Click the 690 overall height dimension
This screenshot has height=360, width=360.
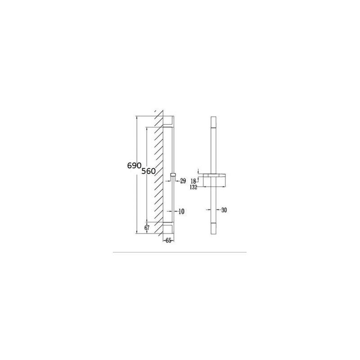click(x=134, y=166)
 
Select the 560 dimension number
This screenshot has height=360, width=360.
click(x=148, y=171)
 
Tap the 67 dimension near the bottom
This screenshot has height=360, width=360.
click(x=147, y=228)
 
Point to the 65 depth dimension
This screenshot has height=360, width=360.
click(x=168, y=240)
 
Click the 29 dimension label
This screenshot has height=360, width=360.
click(x=183, y=181)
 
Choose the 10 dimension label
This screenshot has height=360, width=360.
click(x=181, y=211)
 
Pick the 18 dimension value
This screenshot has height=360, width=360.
click(x=193, y=181)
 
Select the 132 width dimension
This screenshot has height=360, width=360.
click(x=193, y=187)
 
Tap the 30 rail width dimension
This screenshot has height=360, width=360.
click(x=224, y=210)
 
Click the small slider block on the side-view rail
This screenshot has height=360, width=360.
click(x=173, y=176)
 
